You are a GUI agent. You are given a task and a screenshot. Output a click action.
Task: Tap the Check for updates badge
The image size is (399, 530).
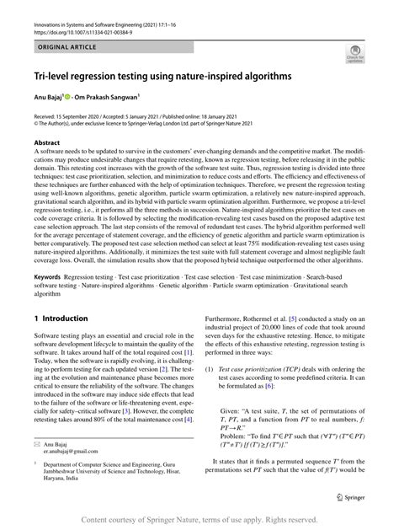(x=354, y=56)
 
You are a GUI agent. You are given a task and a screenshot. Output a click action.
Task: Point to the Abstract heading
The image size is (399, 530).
(x=47, y=144)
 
